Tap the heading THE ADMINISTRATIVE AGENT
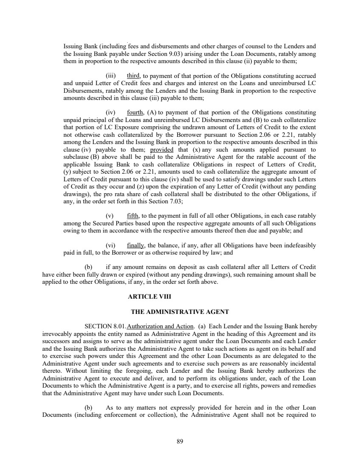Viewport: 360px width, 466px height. tap(180, 312)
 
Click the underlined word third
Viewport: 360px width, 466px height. tap(134, 76)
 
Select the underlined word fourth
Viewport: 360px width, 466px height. tap(135, 112)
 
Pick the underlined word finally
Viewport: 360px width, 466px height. tap(136, 245)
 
